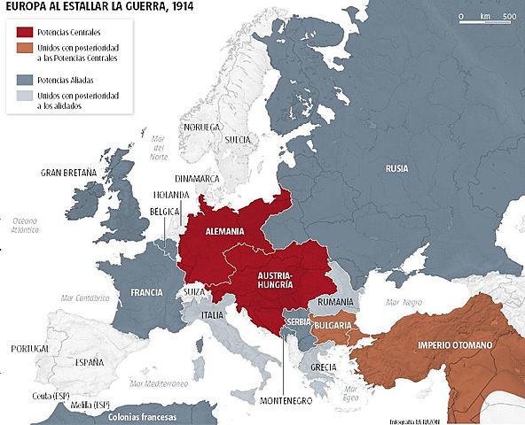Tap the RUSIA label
click(396, 167)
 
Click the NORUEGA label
click(200, 127)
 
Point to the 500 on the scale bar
click(508, 17)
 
